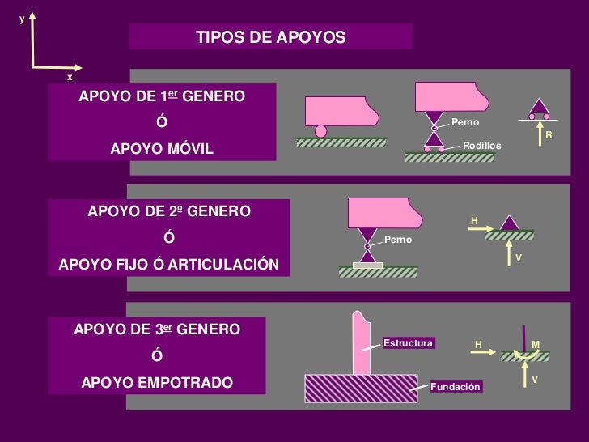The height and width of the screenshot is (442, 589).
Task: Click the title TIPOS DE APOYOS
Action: click(x=270, y=38)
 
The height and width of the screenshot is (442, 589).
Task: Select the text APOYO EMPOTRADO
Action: click(x=156, y=382)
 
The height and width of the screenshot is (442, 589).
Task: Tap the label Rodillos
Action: click(x=481, y=145)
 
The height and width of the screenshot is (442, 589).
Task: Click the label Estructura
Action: click(x=408, y=343)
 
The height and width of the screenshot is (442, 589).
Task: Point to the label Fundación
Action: click(x=456, y=387)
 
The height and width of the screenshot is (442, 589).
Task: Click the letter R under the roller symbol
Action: click(x=549, y=135)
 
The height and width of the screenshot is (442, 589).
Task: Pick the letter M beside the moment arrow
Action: click(x=536, y=345)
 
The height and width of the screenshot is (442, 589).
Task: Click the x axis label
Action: click(x=70, y=77)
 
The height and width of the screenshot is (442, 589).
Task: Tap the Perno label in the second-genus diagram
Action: click(x=398, y=240)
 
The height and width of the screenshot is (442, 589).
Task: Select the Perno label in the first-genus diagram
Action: click(x=465, y=122)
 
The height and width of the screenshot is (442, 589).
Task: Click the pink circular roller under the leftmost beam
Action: click(x=321, y=131)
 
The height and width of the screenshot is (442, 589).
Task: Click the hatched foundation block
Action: click(x=360, y=389)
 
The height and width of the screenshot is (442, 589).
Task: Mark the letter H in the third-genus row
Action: click(x=478, y=345)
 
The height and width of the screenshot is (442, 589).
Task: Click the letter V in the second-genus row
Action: click(x=519, y=258)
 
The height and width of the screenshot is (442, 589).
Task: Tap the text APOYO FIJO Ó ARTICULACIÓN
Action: click(x=168, y=265)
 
